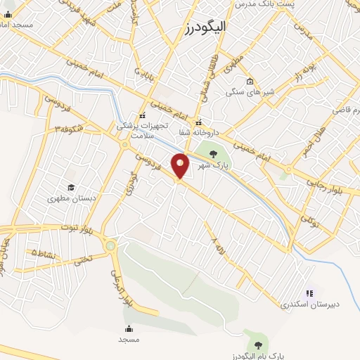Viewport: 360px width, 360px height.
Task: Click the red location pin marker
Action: [x=181, y=165]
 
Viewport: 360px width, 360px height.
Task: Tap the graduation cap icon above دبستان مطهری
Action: [x=71, y=187]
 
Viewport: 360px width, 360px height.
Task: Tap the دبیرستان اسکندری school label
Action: [x=309, y=304]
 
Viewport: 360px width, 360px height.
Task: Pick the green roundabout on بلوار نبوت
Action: [x=111, y=245]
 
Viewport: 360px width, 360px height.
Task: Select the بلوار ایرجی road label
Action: [x=121, y=288]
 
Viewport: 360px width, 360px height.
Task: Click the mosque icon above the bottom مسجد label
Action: [x=129, y=328]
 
